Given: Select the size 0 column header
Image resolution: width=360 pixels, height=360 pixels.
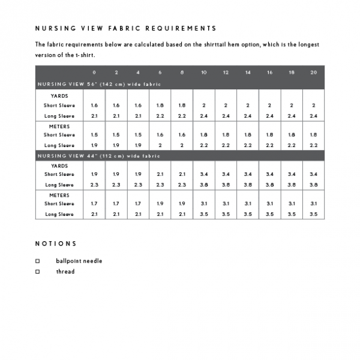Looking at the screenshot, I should (x=94, y=73).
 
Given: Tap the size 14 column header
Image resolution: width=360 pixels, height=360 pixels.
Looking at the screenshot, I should (x=247, y=73).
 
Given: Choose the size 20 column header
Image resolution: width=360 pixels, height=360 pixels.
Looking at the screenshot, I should (x=313, y=73).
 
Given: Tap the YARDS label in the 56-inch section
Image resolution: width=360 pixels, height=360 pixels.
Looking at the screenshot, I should (x=59, y=95).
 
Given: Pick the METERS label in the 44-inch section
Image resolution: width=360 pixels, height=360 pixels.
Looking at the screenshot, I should (x=59, y=195).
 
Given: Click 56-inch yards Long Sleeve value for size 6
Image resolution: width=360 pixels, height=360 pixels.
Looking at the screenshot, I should (x=160, y=115).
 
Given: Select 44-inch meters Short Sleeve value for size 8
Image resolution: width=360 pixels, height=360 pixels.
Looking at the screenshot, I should (x=182, y=204).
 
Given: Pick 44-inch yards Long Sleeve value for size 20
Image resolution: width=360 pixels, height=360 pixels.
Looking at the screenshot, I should (x=313, y=185).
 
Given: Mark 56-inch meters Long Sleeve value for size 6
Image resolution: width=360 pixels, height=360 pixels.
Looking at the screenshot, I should (x=160, y=145).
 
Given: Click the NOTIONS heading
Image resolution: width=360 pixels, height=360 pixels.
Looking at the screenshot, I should (x=56, y=244).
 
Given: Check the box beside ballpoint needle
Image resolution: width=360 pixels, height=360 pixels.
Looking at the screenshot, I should (x=37, y=261).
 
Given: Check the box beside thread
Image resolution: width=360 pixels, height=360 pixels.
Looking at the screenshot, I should (x=37, y=272).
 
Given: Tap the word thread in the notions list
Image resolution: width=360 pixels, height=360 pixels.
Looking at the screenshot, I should (x=65, y=272).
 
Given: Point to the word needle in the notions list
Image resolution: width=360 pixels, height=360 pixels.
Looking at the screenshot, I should (x=92, y=261).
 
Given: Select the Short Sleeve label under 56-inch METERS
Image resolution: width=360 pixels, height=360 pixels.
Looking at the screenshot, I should (x=59, y=135).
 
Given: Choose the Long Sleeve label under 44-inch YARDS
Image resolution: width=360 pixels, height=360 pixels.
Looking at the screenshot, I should (x=59, y=185).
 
